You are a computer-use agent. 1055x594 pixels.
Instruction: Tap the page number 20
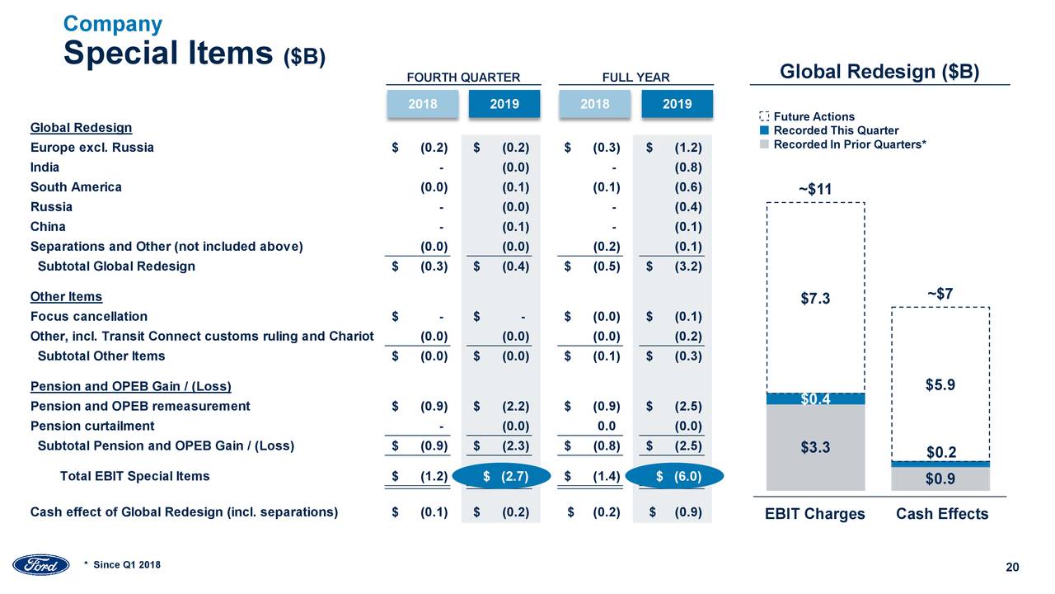pos(1013,566)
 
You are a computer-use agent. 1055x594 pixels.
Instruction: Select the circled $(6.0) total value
pos(675,476)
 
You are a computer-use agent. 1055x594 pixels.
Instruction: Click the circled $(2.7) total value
pos(503,476)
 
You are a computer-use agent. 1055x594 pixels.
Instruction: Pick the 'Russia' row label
pos(51,206)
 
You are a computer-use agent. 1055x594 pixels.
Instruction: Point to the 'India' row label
pos(45,167)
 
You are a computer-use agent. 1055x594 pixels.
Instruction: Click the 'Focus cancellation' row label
pos(89,316)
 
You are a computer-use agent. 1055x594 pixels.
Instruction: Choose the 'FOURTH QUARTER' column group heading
pos(463,78)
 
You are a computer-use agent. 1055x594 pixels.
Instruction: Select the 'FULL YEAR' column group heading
pos(635,78)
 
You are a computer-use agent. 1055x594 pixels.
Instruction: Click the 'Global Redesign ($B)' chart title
pos(879,72)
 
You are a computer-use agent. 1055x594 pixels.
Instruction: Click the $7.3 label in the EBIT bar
pos(815,299)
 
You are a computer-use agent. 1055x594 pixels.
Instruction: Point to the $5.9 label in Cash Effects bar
pos(940,384)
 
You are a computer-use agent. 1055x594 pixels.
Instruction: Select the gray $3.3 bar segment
pos(815,448)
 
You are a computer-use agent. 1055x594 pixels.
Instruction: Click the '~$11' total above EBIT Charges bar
pos(815,190)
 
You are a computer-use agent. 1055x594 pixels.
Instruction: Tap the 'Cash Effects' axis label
pos(941,514)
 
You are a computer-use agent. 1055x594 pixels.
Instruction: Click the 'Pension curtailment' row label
pos(92,426)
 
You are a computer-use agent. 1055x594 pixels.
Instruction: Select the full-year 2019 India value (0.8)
pos(687,167)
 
